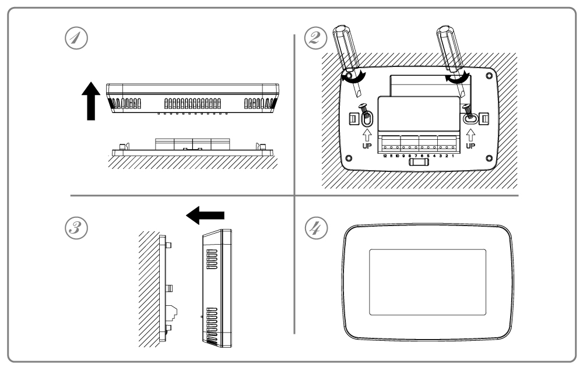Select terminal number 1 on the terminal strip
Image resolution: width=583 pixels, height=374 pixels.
(453, 156)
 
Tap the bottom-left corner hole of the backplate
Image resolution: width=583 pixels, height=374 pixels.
(349, 158)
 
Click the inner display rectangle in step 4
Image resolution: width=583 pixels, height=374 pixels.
(428, 282)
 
